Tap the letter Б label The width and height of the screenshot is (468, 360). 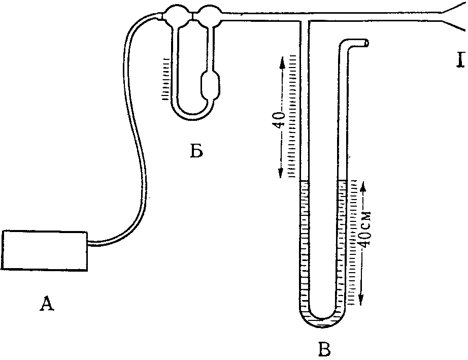197,151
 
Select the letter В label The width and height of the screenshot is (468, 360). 324,349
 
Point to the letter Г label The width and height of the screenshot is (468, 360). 460,61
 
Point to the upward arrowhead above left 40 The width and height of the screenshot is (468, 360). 280,60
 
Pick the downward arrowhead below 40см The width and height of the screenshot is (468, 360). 362,302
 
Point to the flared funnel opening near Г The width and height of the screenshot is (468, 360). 454,18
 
